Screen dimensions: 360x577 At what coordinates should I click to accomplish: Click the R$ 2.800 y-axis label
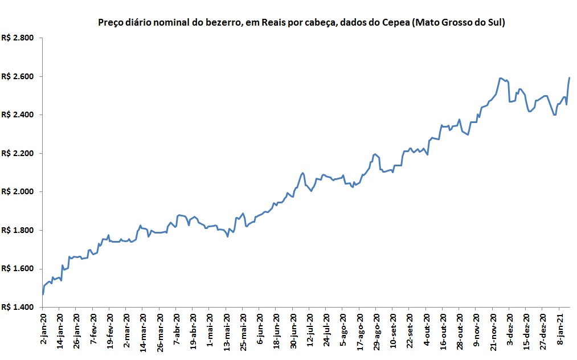point(18,38)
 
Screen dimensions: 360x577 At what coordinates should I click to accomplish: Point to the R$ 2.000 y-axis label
point(18,192)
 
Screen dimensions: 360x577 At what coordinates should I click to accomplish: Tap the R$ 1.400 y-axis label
point(18,307)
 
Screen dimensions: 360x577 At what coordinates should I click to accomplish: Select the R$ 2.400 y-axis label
point(18,115)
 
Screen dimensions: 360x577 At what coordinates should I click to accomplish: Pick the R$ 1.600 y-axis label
point(18,269)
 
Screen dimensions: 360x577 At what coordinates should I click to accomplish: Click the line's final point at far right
point(570,78)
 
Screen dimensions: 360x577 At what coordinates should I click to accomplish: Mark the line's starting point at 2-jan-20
point(43,294)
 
